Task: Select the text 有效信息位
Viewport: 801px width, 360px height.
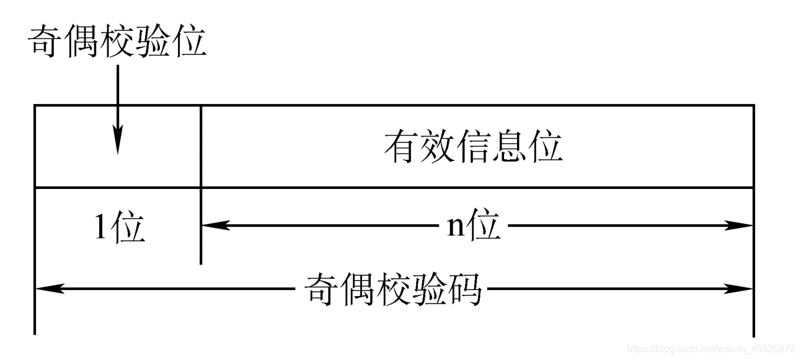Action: (473, 147)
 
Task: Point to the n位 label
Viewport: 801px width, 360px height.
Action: (474, 226)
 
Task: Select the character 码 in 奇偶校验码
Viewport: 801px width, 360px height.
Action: (464, 289)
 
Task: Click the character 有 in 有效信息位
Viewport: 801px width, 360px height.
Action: (401, 147)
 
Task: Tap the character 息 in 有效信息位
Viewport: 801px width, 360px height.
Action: (509, 147)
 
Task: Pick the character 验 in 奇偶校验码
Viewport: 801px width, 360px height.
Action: (429, 289)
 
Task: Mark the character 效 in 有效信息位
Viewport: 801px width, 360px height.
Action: (437, 147)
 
